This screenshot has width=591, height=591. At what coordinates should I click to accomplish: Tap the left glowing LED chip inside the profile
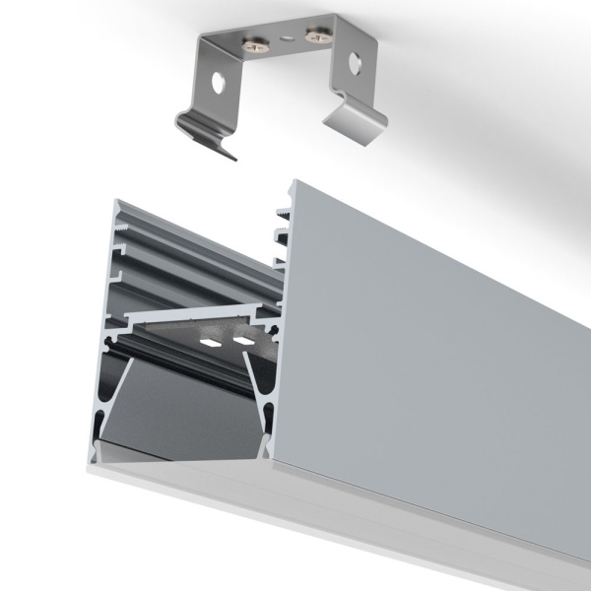(210, 342)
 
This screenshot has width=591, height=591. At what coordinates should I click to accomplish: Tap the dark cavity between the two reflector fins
(187, 414)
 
